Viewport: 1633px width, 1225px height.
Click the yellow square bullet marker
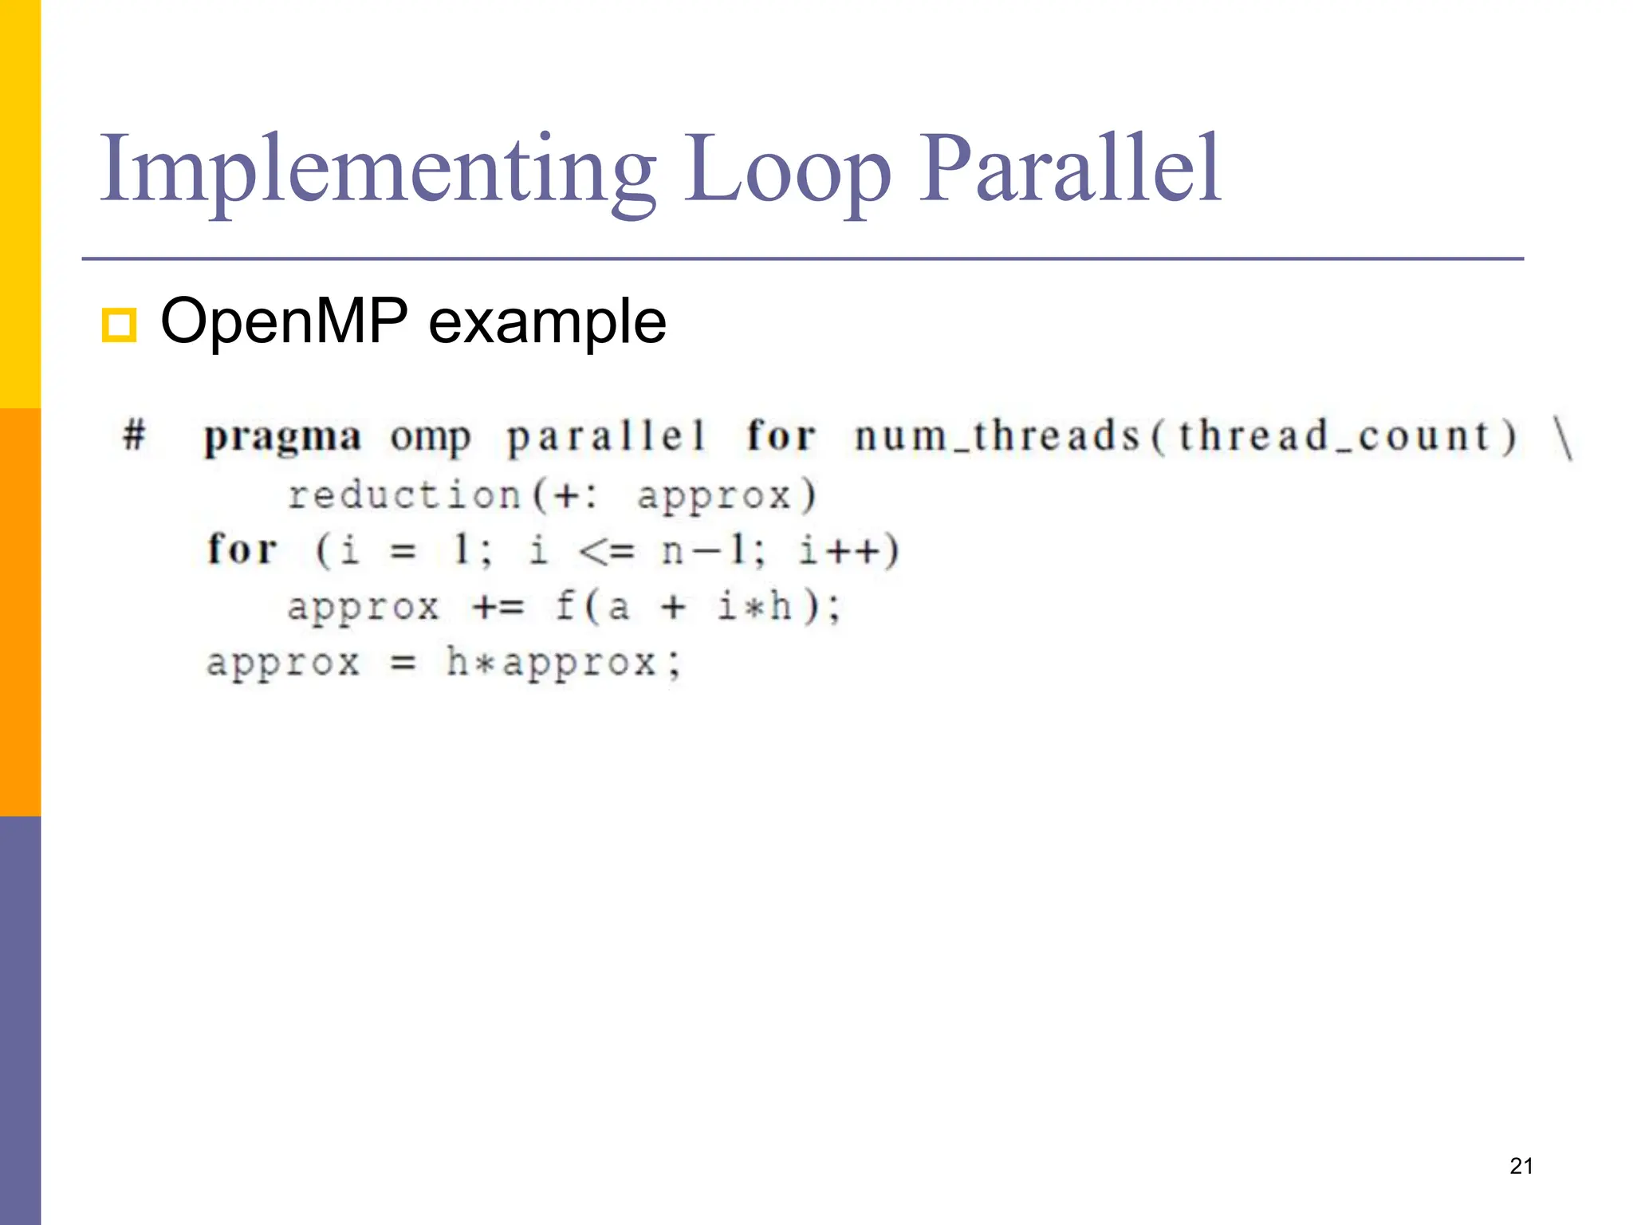tap(119, 325)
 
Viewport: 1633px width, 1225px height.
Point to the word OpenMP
tap(284, 321)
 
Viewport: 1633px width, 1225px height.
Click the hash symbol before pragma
tap(135, 435)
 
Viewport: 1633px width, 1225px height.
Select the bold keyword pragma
tap(282, 437)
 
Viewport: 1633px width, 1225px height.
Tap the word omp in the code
tap(431, 437)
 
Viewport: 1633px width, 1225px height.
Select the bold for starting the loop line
tap(242, 549)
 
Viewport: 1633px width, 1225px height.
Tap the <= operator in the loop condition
tap(606, 550)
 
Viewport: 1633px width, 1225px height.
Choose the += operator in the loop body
tap(498, 607)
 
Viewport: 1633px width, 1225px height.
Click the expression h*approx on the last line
tap(551, 662)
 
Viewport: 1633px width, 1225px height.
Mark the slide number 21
tap(1521, 1166)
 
